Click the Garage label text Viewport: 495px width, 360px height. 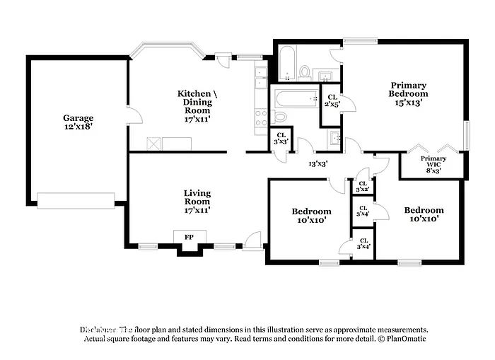pyautogui.click(x=78, y=118)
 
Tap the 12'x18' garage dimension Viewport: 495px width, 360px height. pyautogui.click(x=78, y=127)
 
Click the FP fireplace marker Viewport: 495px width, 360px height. pyautogui.click(x=190, y=237)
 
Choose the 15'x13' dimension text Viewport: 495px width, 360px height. pyautogui.click(x=408, y=102)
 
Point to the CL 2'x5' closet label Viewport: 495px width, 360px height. pyautogui.click(x=332, y=100)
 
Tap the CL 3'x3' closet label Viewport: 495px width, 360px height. pyautogui.click(x=281, y=139)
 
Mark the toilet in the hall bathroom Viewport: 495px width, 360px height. pyautogui.click(x=280, y=116)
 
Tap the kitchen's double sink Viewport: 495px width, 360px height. pyautogui.click(x=260, y=71)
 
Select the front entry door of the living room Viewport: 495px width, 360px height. pyautogui.click(x=252, y=243)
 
